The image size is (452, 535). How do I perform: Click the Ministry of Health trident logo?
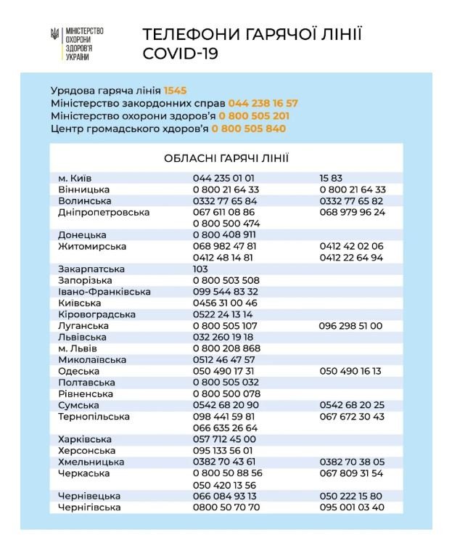[55, 34]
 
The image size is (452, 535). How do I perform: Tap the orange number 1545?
[176, 91]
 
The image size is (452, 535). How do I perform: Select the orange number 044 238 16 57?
[263, 103]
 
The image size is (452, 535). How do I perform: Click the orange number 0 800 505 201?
[255, 116]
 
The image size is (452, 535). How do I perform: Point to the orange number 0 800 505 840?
[249, 128]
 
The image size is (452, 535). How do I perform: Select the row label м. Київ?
[75, 178]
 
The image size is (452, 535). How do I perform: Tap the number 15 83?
[330, 178]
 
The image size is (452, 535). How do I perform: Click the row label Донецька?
[82, 235]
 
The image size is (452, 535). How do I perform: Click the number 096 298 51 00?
[350, 326]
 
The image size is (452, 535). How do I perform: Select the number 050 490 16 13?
[350, 371]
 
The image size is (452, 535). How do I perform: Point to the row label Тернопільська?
[94, 417]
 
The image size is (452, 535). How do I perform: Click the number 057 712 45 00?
[224, 439]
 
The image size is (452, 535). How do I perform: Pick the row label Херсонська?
[86, 450]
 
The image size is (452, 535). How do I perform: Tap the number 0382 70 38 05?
[352, 462]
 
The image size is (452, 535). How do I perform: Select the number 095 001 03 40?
[352, 507]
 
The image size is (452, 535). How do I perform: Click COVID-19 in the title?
[180, 54]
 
